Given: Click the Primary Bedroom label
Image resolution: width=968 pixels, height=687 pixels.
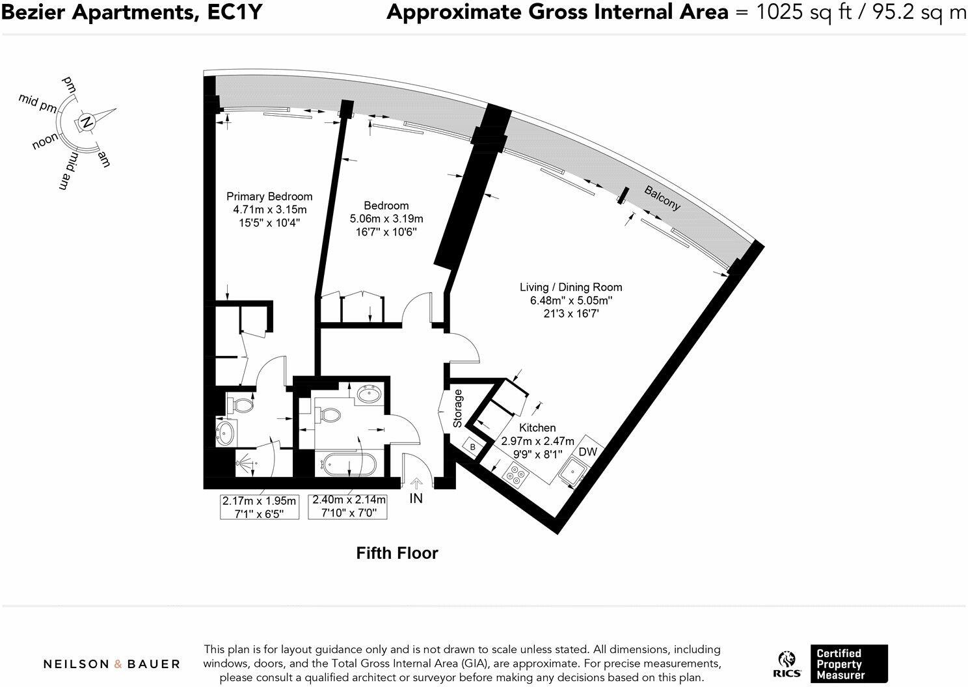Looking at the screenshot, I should click(269, 196).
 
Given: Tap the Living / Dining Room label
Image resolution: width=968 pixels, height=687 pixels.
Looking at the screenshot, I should click(571, 287).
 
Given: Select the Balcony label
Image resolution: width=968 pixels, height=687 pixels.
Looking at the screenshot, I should click(662, 198).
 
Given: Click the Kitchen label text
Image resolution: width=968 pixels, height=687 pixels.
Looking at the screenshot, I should click(537, 427).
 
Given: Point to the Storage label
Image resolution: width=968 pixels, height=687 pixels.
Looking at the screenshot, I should click(458, 409).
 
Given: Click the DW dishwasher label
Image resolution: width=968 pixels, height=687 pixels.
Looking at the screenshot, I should click(587, 451).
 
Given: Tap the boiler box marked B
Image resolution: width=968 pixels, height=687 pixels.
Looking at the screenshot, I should click(473, 448).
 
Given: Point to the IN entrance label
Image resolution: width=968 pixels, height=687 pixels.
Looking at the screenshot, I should click(416, 498).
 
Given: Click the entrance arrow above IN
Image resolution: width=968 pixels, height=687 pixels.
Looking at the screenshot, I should click(416, 483).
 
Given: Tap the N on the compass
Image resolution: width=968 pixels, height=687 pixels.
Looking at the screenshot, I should click(87, 122).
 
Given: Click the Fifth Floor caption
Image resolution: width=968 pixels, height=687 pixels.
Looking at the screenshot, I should click(397, 553).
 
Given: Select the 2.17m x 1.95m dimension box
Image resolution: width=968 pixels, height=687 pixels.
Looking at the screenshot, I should click(260, 507).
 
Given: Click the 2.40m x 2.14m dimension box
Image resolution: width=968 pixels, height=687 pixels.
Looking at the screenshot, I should click(349, 506).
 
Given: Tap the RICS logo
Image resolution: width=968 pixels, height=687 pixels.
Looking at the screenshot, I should click(787, 664).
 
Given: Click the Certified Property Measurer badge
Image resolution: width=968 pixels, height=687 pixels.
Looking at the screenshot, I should click(848, 664).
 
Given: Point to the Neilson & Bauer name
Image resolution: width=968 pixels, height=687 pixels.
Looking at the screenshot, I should click(111, 664).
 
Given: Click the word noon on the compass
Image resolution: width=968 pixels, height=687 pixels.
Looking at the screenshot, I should click(46, 141).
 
